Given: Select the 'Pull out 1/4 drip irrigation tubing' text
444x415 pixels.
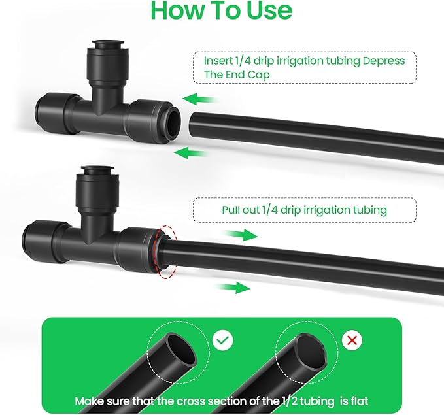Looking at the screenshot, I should pos(304,210).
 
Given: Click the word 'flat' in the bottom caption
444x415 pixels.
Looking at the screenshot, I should pos(358,400).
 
